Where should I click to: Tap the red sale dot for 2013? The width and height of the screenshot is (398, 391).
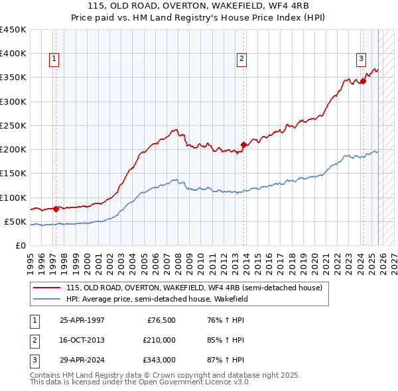tap(243, 144)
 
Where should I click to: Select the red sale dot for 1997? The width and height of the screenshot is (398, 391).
tap(56, 209)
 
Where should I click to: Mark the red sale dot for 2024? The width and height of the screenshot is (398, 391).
tap(363, 81)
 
